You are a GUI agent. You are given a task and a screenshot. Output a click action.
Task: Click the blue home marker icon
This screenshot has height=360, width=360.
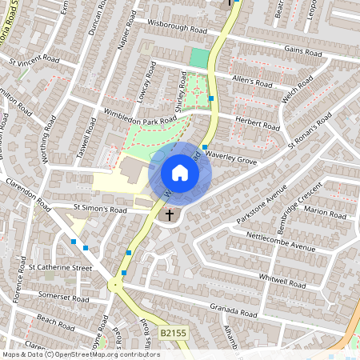pos(180,173)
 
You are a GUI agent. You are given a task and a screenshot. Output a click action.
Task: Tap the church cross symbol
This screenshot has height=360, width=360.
pos(169,215)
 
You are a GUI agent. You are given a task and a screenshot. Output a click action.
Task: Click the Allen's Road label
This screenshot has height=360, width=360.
pos(251,81)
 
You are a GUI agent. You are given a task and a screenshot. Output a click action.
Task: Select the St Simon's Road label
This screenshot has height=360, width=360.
pos(100,210)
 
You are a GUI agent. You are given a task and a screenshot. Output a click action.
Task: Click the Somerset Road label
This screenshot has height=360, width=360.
pos(64,298)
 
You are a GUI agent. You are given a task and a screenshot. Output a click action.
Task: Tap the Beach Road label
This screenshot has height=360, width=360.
pos(55,319)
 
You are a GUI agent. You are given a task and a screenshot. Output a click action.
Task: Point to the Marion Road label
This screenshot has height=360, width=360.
pos(325,212)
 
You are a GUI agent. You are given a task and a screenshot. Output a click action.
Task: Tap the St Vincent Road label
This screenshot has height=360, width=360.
pos(34,59)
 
